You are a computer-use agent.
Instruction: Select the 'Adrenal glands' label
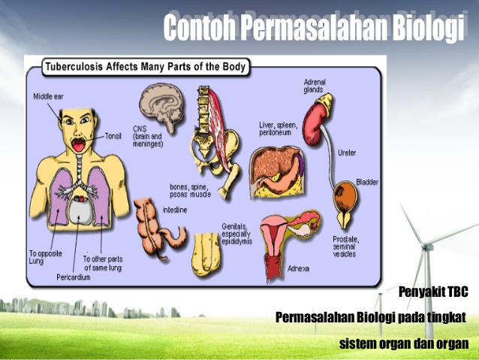(x=313, y=85)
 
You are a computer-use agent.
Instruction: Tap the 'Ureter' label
(x=347, y=153)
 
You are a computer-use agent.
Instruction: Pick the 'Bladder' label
(x=367, y=182)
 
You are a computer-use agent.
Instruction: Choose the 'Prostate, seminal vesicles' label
(x=345, y=246)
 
